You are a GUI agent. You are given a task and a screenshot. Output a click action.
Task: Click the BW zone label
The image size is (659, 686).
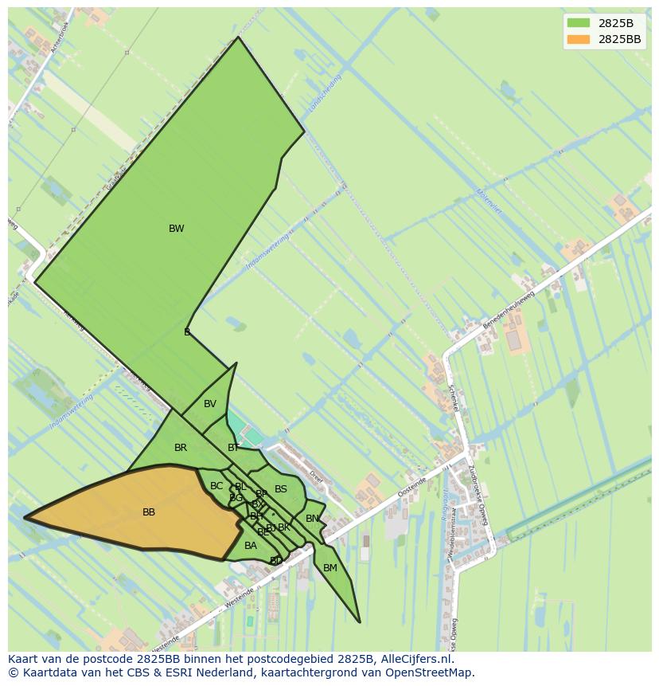tap(176, 229)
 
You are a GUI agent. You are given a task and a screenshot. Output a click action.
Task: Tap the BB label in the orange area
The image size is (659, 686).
tap(149, 512)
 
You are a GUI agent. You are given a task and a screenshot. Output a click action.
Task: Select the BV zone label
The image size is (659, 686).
tap(210, 404)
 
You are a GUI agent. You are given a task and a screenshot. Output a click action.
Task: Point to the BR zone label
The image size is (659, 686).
tap(181, 448)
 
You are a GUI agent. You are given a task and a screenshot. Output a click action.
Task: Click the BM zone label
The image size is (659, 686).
tap(330, 568)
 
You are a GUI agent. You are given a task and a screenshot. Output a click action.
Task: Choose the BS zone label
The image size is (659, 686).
tap(281, 489)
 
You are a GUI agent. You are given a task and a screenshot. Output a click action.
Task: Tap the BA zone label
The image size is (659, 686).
tap(251, 546)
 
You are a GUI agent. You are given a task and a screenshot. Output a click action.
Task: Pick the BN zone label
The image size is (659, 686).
tap(313, 519)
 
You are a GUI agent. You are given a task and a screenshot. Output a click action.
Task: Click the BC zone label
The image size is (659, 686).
tap(216, 486)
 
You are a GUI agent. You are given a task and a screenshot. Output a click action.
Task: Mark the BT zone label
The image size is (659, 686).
tap(233, 448)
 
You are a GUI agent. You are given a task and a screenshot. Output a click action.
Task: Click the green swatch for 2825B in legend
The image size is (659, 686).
tap(578, 22)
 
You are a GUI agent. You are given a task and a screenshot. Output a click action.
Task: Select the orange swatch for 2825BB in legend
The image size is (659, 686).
tap(578, 39)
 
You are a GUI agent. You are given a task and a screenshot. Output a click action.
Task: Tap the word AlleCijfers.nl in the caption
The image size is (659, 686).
tap(415, 659)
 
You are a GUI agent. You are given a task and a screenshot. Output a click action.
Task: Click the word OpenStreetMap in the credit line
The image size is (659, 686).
tap(428, 672)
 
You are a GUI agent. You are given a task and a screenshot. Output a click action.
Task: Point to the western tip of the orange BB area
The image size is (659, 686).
tap(25, 518)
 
